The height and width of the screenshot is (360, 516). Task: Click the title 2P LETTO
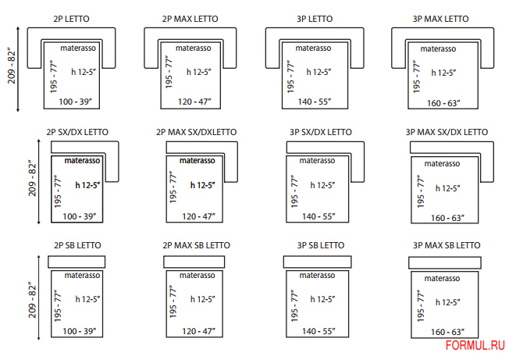(71, 19)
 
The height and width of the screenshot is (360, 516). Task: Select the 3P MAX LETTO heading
(440, 19)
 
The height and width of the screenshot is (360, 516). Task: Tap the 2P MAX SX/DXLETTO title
(197, 132)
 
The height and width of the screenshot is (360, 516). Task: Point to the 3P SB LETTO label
(321, 245)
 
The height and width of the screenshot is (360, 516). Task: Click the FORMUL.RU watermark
(475, 345)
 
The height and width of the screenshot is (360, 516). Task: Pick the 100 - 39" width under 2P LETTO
(76, 102)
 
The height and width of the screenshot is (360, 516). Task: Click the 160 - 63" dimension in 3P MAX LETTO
(443, 103)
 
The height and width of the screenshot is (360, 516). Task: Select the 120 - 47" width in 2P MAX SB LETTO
(198, 331)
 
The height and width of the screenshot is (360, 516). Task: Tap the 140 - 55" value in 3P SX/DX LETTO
(318, 216)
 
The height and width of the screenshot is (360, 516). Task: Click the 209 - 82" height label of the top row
(12, 67)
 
